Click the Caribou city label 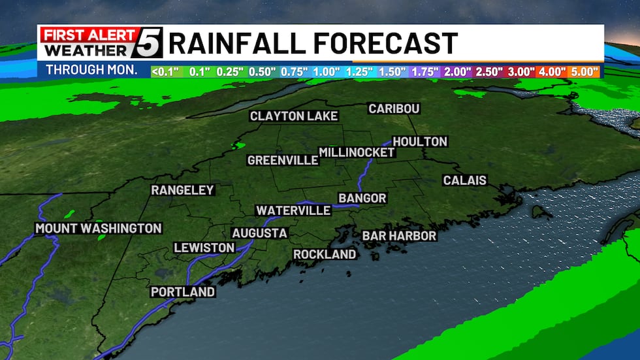pos(394,108)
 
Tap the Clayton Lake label pos(294,116)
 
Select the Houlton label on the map pos(420,142)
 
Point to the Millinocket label pos(357,152)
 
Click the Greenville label pos(283,160)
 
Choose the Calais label pos(464,180)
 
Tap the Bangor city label pos(362,198)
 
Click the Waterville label pos(293,210)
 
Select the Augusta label pos(259,233)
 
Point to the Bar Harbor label pos(399,235)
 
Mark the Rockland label pos(325,254)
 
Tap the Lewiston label pos(204,248)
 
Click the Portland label pos(183,291)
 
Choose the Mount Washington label pos(98,228)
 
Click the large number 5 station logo pos(150,42)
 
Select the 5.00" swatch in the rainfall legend pos(586,71)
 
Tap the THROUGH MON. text pos(92,70)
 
